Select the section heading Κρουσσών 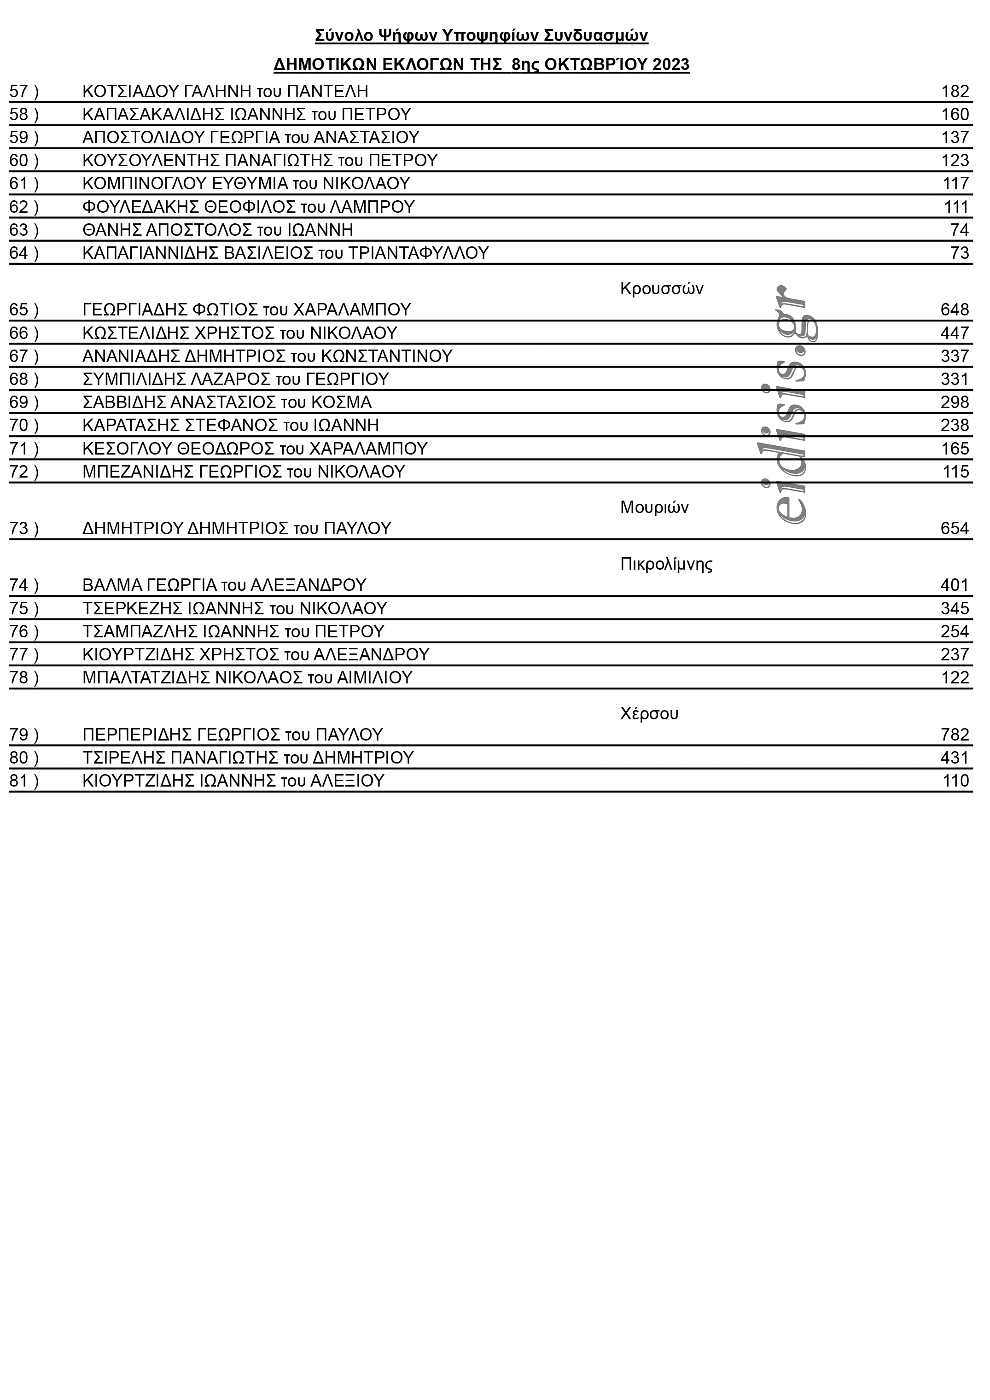(x=661, y=288)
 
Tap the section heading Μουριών (x=654, y=507)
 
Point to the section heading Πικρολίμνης (x=666, y=564)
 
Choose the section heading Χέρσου (x=649, y=713)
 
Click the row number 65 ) (x=24, y=310)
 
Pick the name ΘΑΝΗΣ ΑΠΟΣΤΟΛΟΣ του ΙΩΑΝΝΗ (x=218, y=230)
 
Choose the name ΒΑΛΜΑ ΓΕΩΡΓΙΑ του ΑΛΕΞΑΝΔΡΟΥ (x=224, y=585)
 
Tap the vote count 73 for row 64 (x=960, y=253)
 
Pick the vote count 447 (x=954, y=333)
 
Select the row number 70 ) (x=24, y=425)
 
